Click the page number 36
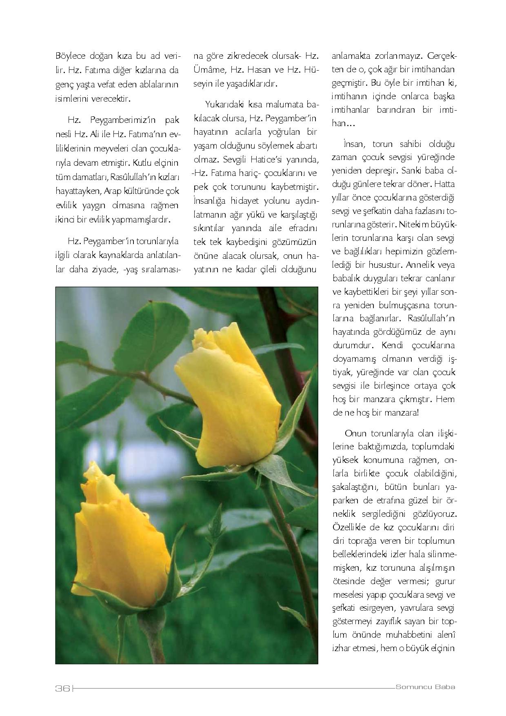click(x=63, y=688)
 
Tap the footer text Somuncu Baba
click(x=425, y=687)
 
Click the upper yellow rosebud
click(x=229, y=392)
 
